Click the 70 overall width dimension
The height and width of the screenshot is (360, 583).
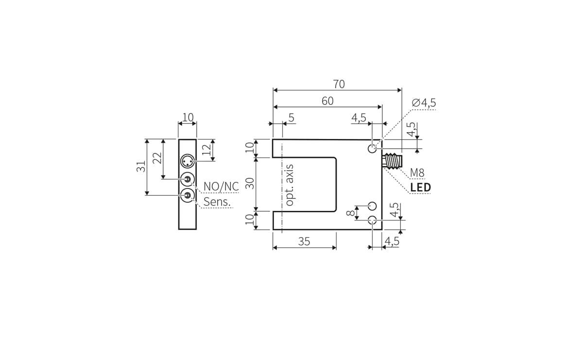tap(339, 84)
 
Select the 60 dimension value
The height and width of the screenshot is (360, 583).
tap(327, 101)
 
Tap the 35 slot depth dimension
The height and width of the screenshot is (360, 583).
tap(304, 241)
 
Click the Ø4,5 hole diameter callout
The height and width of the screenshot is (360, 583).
tap(424, 103)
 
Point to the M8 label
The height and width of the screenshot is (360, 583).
tap(417, 173)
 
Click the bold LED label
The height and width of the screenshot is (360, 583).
tap(420, 188)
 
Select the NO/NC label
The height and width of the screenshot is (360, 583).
tap(221, 187)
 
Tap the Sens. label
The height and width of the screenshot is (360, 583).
tap(216, 202)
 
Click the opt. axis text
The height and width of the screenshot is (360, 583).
tap(290, 185)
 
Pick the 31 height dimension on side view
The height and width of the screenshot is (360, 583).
tap(140, 167)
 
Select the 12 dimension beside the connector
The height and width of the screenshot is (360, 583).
tap(207, 150)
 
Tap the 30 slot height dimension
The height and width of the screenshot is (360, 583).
tap(250, 184)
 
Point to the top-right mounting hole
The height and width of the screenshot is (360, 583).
tap(372, 148)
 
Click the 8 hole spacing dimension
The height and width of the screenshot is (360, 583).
tap(349, 213)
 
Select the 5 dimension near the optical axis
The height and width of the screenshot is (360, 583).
tap(291, 118)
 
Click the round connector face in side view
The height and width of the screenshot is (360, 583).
tap(187, 161)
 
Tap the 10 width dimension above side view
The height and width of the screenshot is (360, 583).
tap(188, 117)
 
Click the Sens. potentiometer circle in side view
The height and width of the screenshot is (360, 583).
tap(187, 196)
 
